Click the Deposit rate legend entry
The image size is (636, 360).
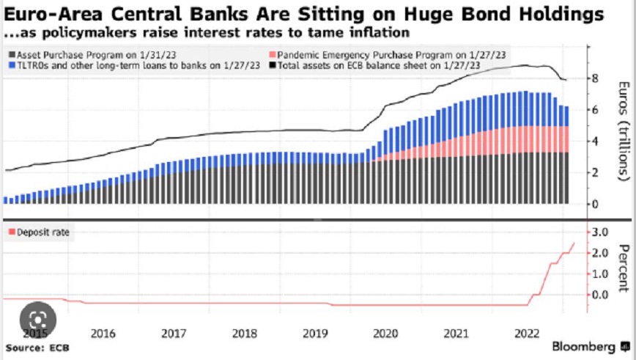(37, 232)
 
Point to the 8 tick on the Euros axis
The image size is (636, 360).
(595, 78)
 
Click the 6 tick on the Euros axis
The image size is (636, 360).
(595, 110)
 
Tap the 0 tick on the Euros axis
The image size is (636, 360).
(595, 203)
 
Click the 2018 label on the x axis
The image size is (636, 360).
(243, 334)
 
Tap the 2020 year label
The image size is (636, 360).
(384, 334)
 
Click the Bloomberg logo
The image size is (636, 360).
(583, 346)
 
